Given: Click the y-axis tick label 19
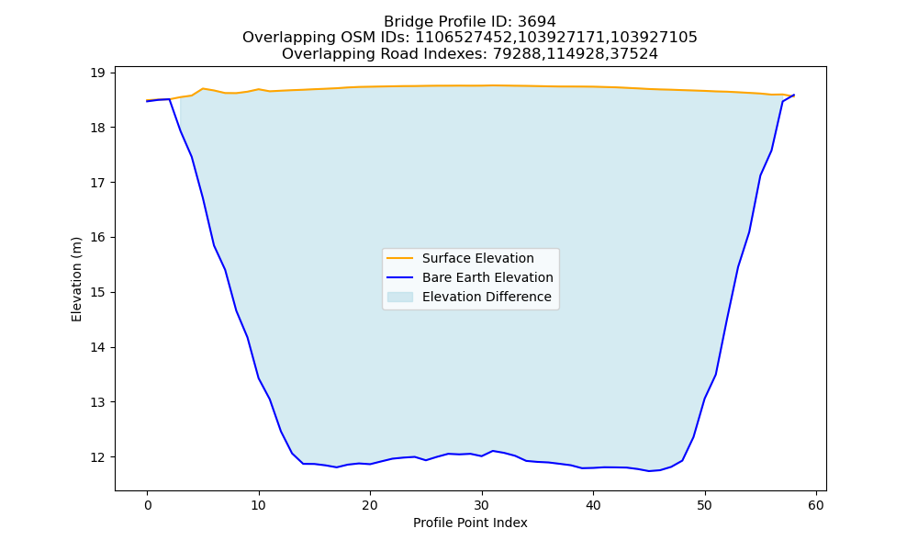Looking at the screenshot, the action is coord(97,73).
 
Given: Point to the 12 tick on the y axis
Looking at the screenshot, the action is coord(97,456).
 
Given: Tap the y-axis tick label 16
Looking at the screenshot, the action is coord(97,237).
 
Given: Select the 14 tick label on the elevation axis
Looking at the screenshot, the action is coord(97,347).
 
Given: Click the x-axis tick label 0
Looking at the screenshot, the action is coord(148,505).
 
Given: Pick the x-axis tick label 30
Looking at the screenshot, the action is coord(482,505).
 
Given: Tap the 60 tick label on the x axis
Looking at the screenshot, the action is coord(816,505).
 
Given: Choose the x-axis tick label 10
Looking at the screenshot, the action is coord(259,505).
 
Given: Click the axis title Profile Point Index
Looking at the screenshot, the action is coord(470,523).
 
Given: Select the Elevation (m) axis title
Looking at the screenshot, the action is coord(77,279).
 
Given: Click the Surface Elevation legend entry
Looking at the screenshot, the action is coord(477,258).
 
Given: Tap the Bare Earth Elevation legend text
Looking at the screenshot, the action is coord(487,277).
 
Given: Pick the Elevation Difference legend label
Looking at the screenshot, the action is coord(487,297).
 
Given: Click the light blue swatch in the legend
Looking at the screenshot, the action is coord(400,297).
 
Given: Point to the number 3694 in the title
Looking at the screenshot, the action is coord(537,22).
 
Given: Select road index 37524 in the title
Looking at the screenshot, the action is coord(634,54).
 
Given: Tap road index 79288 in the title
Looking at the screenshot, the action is coord(516,54).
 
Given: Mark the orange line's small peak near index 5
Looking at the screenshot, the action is coord(203,88).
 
